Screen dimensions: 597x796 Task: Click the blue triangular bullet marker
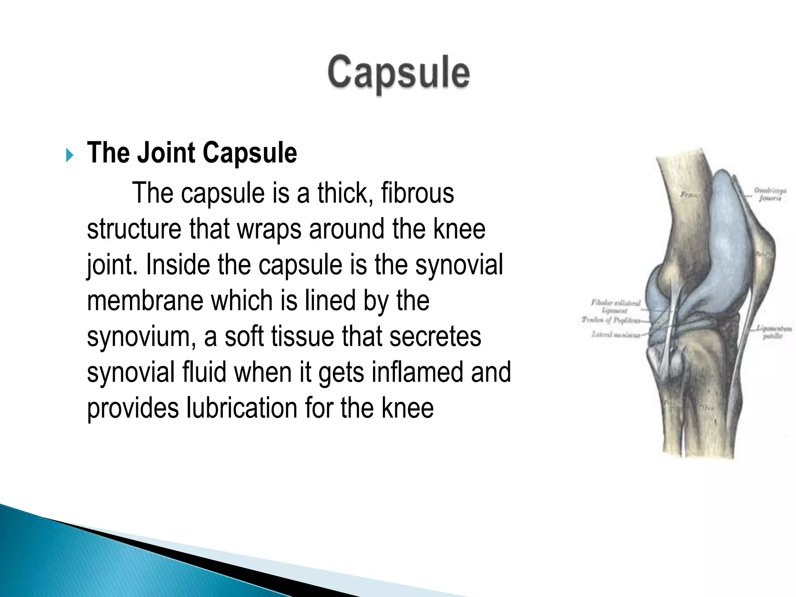point(69,155)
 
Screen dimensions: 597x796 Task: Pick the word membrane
point(145,300)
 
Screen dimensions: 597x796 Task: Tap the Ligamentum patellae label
point(774,333)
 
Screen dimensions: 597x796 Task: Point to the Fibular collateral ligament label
point(615,306)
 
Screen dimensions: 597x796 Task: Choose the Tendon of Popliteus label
point(610,320)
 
